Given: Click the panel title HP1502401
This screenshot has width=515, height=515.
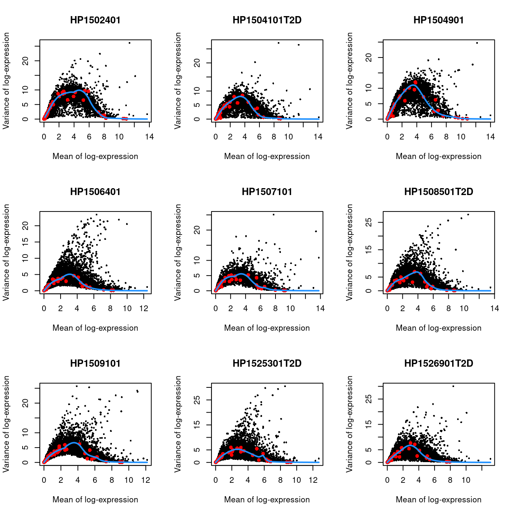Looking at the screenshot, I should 95,20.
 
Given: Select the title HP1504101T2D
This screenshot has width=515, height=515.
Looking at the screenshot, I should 267,20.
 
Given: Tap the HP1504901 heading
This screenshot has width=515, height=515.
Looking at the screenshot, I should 439,20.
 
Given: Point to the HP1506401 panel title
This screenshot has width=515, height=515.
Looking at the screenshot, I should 95,192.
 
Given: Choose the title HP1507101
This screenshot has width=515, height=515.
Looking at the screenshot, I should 267,192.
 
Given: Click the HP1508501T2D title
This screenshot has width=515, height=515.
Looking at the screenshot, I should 439,192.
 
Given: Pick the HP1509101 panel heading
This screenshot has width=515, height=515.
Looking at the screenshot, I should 95,364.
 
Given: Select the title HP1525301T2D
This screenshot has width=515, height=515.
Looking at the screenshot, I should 267,364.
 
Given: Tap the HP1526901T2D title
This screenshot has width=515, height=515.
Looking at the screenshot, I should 439,364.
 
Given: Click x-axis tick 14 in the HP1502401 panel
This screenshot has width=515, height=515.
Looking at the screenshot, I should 149,137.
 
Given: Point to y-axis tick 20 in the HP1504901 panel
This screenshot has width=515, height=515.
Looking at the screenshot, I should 369,57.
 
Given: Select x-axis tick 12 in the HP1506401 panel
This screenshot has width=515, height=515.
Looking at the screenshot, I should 144,308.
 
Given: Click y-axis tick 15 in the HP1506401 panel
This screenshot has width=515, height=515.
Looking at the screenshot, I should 25,242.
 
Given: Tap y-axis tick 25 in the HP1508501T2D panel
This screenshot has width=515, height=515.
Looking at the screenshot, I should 369,222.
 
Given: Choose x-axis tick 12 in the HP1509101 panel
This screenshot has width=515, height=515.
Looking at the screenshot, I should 146,480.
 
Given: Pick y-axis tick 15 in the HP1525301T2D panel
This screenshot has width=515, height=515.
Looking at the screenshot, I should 197,425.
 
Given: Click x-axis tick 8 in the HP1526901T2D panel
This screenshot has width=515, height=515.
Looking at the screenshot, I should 450,480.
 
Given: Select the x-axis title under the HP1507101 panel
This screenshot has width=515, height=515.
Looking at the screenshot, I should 267,328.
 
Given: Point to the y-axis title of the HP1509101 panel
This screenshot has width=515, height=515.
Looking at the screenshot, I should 7,424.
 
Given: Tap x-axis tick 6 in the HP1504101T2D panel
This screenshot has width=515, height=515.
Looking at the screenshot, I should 259,137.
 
